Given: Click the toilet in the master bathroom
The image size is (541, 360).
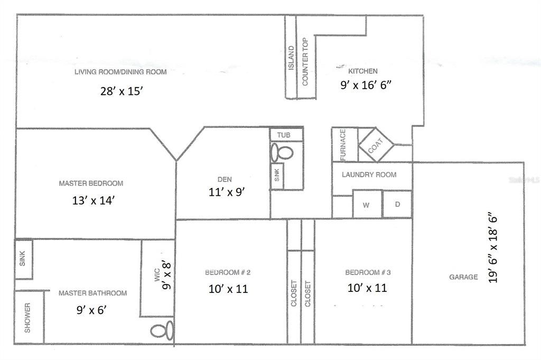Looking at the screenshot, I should tap(162, 331).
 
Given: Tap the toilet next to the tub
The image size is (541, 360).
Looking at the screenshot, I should tap(282, 153).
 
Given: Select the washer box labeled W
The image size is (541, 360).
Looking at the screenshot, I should tap(366, 205).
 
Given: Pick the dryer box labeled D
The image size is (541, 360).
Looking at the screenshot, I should tap(397, 204).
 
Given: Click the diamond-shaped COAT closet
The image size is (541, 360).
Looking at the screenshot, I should tap(376, 145).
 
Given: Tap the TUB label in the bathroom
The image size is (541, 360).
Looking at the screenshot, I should tap(286, 135).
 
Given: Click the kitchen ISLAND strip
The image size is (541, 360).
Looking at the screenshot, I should tap(291, 58).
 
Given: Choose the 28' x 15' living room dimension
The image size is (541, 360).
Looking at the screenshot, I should tap(122, 91).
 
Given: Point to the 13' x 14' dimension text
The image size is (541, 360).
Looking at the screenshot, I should tap(93, 200).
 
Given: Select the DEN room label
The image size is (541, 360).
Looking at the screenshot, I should tap(224, 179).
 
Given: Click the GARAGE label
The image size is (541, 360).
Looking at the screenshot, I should tap(463, 277).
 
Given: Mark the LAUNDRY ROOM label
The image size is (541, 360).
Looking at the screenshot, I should tap(369, 175).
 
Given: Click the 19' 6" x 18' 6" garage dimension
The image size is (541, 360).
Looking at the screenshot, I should tap(494, 248).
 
